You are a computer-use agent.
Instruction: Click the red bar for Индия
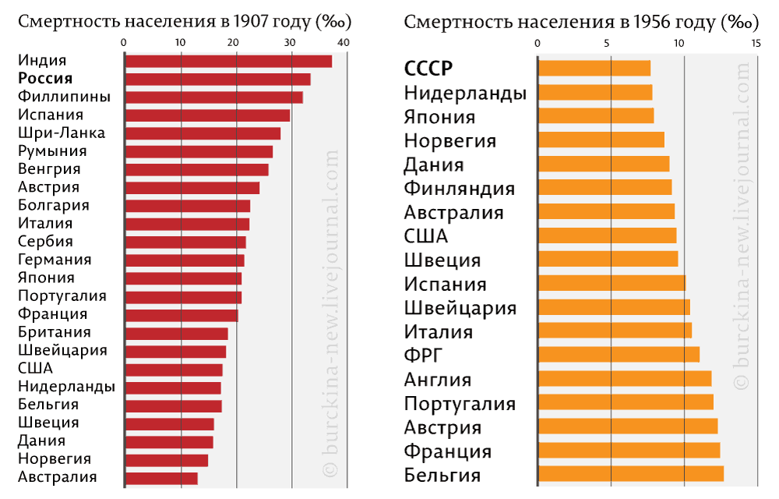[x=227, y=61]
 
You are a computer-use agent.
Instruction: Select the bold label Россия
[x=45, y=79]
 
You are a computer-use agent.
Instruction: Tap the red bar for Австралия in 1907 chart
[x=160, y=478]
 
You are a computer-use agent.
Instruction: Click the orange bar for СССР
[x=594, y=69]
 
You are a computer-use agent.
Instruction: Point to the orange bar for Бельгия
[x=630, y=474]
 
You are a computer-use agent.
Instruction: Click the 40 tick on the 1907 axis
[x=344, y=41]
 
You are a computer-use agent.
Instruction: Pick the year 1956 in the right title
[x=647, y=22]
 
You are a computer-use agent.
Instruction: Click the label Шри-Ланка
[x=62, y=133]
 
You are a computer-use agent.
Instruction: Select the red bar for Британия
[x=176, y=333]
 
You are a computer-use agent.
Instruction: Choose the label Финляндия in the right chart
[x=460, y=188]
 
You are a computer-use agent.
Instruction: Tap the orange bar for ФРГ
[x=619, y=355]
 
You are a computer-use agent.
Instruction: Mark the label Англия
[x=438, y=380]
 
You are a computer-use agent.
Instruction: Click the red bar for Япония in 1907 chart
[x=183, y=278]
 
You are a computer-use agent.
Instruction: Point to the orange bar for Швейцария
[x=614, y=307]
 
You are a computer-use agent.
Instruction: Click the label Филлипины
[x=64, y=97]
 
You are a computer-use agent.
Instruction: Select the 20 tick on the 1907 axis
[x=235, y=41]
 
